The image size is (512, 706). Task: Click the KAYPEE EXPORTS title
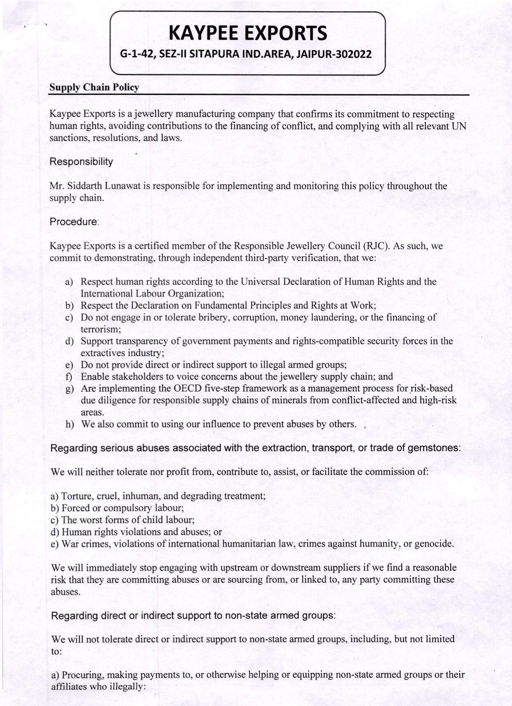[x=249, y=33]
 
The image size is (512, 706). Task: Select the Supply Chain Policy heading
[x=94, y=87]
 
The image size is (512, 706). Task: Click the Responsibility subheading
[x=81, y=162]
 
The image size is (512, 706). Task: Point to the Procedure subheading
[x=74, y=222]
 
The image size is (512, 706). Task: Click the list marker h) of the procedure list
[x=70, y=425]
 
